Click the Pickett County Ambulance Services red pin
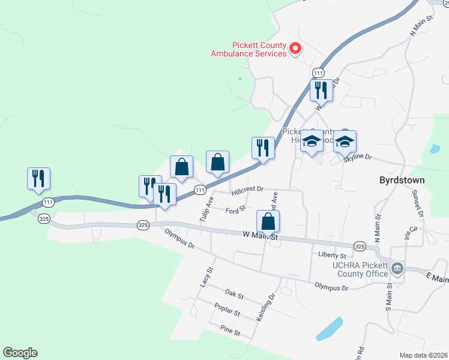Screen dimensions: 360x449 point(295,49)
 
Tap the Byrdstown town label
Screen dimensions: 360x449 point(402,180)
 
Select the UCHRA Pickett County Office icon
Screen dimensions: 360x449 point(397,268)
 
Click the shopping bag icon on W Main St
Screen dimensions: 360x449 point(268,221)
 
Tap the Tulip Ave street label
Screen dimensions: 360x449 point(206,207)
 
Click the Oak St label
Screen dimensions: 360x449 point(234,295)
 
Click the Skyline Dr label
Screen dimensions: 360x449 point(358,158)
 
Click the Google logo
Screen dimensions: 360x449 point(20,353)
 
